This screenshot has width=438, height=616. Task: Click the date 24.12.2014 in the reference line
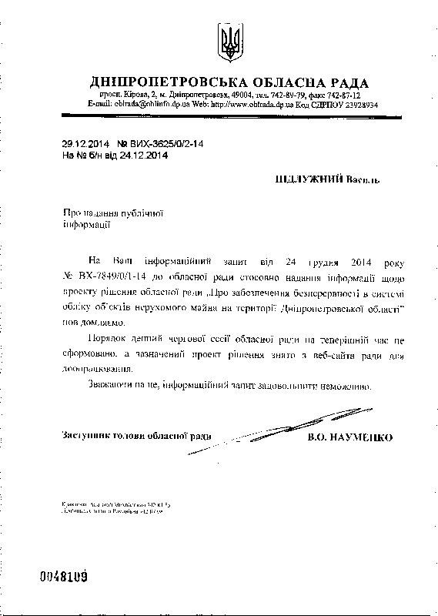tap(142, 155)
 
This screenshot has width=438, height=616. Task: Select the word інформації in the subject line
tap(85, 223)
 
